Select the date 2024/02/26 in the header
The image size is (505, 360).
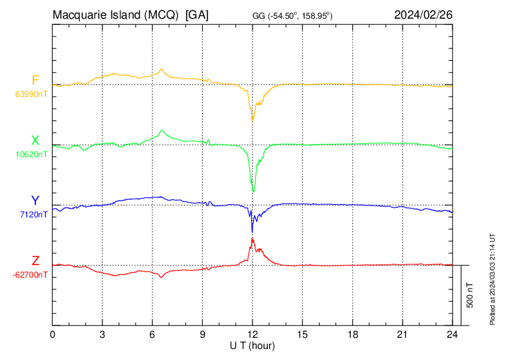tap(423, 15)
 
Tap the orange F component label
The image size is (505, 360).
tap(35, 80)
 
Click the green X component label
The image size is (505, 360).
tap(35, 141)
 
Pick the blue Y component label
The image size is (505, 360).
tap(35, 201)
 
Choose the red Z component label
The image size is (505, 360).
tap(35, 261)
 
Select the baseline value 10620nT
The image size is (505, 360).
tap(30, 154)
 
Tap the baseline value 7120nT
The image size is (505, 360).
tap(33, 215)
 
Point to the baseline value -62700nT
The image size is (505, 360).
tap(30, 275)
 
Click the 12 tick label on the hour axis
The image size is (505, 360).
tap(252, 334)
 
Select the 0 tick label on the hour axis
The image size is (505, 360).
tap(53, 334)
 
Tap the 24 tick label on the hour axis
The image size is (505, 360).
tap(452, 334)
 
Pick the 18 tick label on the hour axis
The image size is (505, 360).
tap(352, 334)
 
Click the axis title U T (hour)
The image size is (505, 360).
tap(252, 345)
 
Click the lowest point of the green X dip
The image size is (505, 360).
tap(254, 192)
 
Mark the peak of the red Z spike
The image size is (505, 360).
tap(252, 238)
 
